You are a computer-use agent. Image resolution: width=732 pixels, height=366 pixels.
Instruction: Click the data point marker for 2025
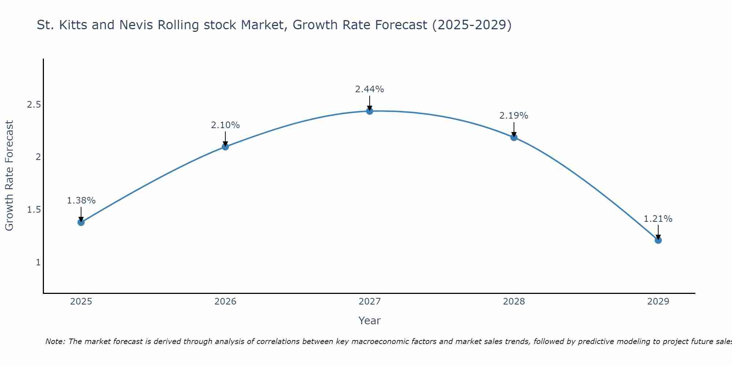point(81,222)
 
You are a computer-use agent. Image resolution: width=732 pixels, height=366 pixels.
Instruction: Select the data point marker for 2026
point(225,147)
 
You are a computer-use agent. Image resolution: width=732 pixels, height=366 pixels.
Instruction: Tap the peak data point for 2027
point(370,111)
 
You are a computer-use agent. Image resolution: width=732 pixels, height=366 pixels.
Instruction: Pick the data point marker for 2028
point(514,137)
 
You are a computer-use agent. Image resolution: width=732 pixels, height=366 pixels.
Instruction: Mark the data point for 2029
point(658,240)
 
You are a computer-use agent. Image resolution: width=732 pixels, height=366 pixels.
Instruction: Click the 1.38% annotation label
point(81,201)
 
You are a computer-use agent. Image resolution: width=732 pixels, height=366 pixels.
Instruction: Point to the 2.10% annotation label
point(225,125)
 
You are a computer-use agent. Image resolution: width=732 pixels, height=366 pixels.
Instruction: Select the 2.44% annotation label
point(370,89)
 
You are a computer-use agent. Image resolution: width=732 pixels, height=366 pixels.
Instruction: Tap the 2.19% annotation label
point(514,116)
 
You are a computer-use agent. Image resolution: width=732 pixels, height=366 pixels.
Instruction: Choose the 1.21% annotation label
point(658,219)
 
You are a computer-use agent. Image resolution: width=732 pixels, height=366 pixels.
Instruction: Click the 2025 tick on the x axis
point(81,302)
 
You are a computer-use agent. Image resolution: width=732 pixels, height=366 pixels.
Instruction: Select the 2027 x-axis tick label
point(370,302)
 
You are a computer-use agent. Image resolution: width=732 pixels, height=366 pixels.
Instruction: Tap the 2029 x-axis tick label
point(658,302)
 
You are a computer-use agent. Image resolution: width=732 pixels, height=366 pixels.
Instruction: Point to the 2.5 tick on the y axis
point(34,105)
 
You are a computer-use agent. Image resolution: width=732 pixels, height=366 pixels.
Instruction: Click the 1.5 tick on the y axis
point(34,210)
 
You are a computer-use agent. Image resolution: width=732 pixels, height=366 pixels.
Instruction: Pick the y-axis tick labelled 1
point(38,262)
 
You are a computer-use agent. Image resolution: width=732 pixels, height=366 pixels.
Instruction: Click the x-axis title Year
point(370,321)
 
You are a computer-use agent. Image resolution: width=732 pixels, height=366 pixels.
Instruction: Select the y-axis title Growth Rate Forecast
point(9,176)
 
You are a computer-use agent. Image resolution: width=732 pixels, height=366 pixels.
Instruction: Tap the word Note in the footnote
point(55,341)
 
